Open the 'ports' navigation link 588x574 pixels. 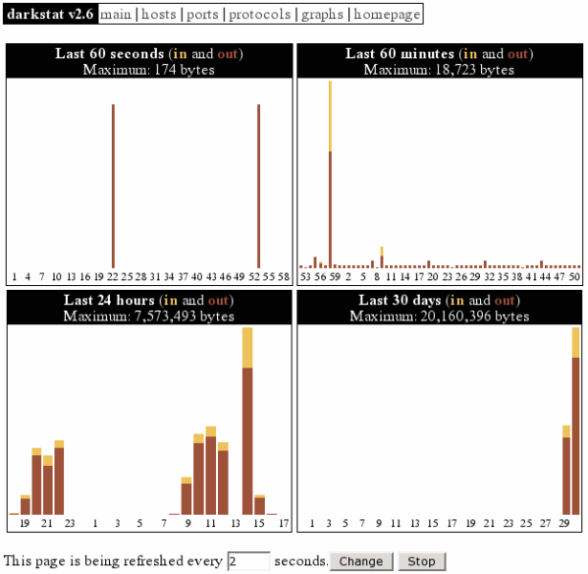click(202, 15)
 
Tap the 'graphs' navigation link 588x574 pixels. click(322, 15)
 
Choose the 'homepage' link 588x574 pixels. click(387, 15)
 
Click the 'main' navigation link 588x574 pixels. click(117, 15)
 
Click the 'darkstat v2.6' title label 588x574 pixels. click(50, 15)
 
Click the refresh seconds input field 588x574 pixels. click(248, 561)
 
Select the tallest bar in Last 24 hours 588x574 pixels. click(247, 423)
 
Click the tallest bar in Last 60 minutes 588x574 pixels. click(330, 177)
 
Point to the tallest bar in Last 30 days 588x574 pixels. click(576, 423)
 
